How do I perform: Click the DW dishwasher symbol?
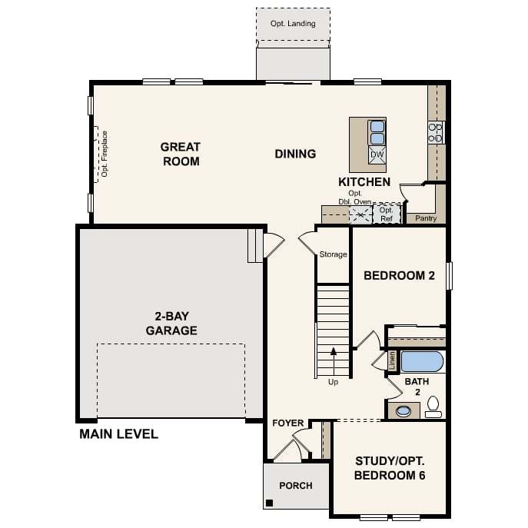tap(377, 155)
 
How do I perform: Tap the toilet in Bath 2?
tap(433, 407)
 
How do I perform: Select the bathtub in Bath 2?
tap(422, 362)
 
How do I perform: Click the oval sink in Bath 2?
tap(403, 411)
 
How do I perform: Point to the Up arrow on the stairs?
tap(334, 361)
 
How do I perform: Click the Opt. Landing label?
tap(293, 24)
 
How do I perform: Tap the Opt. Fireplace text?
tap(105, 154)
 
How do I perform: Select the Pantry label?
tap(426, 218)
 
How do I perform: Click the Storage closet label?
tap(333, 254)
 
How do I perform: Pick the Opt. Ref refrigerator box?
tap(387, 214)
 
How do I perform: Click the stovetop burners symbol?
tap(436, 133)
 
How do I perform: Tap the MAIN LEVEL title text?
tap(118, 434)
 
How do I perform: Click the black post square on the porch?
tap(270, 503)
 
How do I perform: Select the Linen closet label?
tap(392, 360)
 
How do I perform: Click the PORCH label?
tap(296, 486)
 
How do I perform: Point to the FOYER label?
tap(288, 423)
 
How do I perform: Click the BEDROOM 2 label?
tap(399, 275)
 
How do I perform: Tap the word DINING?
tap(295, 154)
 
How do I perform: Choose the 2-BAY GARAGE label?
tap(171, 324)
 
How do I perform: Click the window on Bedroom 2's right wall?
tap(449, 276)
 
